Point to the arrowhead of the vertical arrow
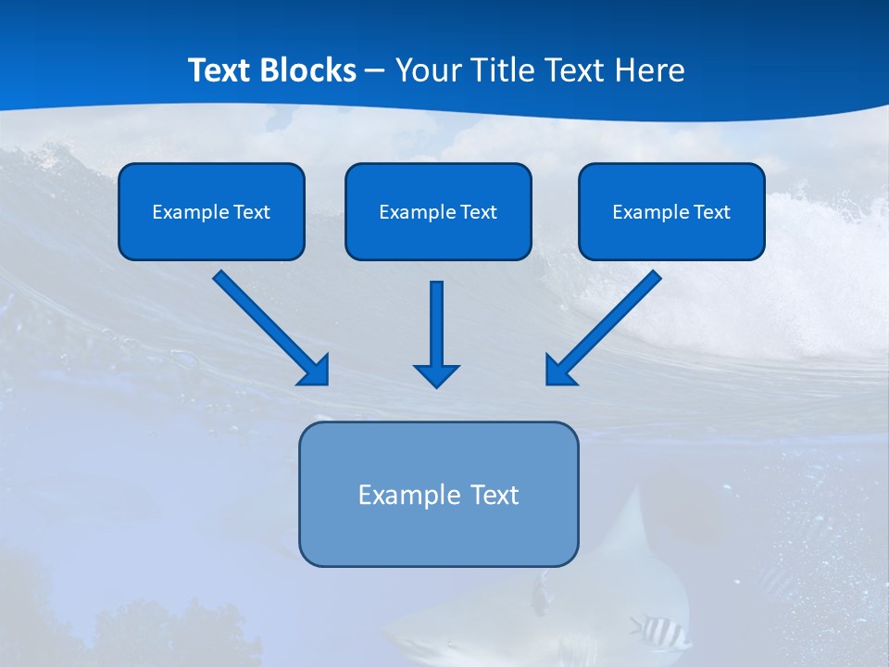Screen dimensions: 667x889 click(436, 375)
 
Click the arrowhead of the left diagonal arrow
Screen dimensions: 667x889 click(315, 371)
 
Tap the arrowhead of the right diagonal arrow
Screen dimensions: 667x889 click(560, 371)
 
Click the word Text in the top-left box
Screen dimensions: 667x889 click(251, 212)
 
